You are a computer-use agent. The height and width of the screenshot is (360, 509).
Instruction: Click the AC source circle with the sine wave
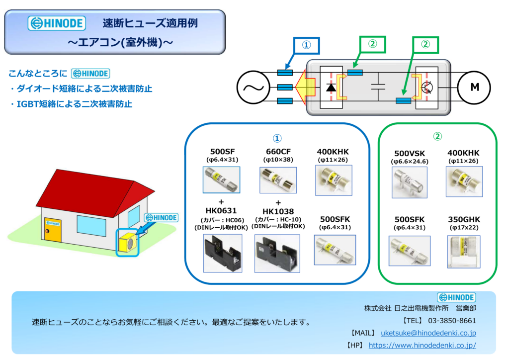click(253, 88)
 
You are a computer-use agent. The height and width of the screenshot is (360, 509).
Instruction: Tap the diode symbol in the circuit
click(331, 88)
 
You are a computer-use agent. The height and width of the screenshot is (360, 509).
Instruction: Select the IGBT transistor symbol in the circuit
click(426, 88)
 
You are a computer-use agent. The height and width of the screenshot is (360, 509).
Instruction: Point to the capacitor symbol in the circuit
click(378, 87)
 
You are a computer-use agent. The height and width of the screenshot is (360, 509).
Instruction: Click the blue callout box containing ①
click(306, 45)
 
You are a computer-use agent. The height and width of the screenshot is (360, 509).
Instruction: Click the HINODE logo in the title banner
click(57, 23)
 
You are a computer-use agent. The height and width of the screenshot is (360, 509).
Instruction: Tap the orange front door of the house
click(53, 230)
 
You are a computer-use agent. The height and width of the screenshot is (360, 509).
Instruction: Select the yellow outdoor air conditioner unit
click(128, 242)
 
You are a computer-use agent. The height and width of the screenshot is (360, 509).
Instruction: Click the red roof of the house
click(94, 192)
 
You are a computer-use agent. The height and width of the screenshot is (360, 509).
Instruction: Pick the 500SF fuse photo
click(221, 180)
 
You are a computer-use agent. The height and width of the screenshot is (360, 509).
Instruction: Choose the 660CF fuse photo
click(278, 180)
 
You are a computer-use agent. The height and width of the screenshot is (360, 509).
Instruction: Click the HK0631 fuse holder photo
click(223, 253)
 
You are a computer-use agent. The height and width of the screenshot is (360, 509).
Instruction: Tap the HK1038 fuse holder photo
click(277, 254)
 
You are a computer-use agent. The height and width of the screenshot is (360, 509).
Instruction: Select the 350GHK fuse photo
click(464, 252)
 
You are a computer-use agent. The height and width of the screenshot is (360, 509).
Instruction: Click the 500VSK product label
click(410, 153)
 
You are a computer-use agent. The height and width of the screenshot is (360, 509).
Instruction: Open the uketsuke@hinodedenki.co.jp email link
click(428, 333)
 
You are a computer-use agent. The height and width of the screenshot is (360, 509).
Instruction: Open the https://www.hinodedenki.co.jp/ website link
click(423, 346)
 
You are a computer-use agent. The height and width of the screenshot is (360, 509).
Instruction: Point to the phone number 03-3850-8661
click(452, 321)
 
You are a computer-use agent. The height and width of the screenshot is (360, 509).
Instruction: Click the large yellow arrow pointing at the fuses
click(305, 87)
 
